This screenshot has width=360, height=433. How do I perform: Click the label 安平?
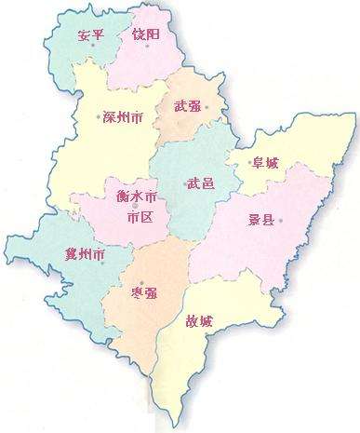click(90, 36)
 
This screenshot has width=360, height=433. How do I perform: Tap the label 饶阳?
click(146, 34)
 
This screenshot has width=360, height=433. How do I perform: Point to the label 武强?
click(187, 107)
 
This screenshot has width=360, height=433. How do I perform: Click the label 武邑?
click(201, 183)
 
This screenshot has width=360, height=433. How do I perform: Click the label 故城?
click(199, 322)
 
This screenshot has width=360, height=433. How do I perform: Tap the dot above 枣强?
click(140, 282)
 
